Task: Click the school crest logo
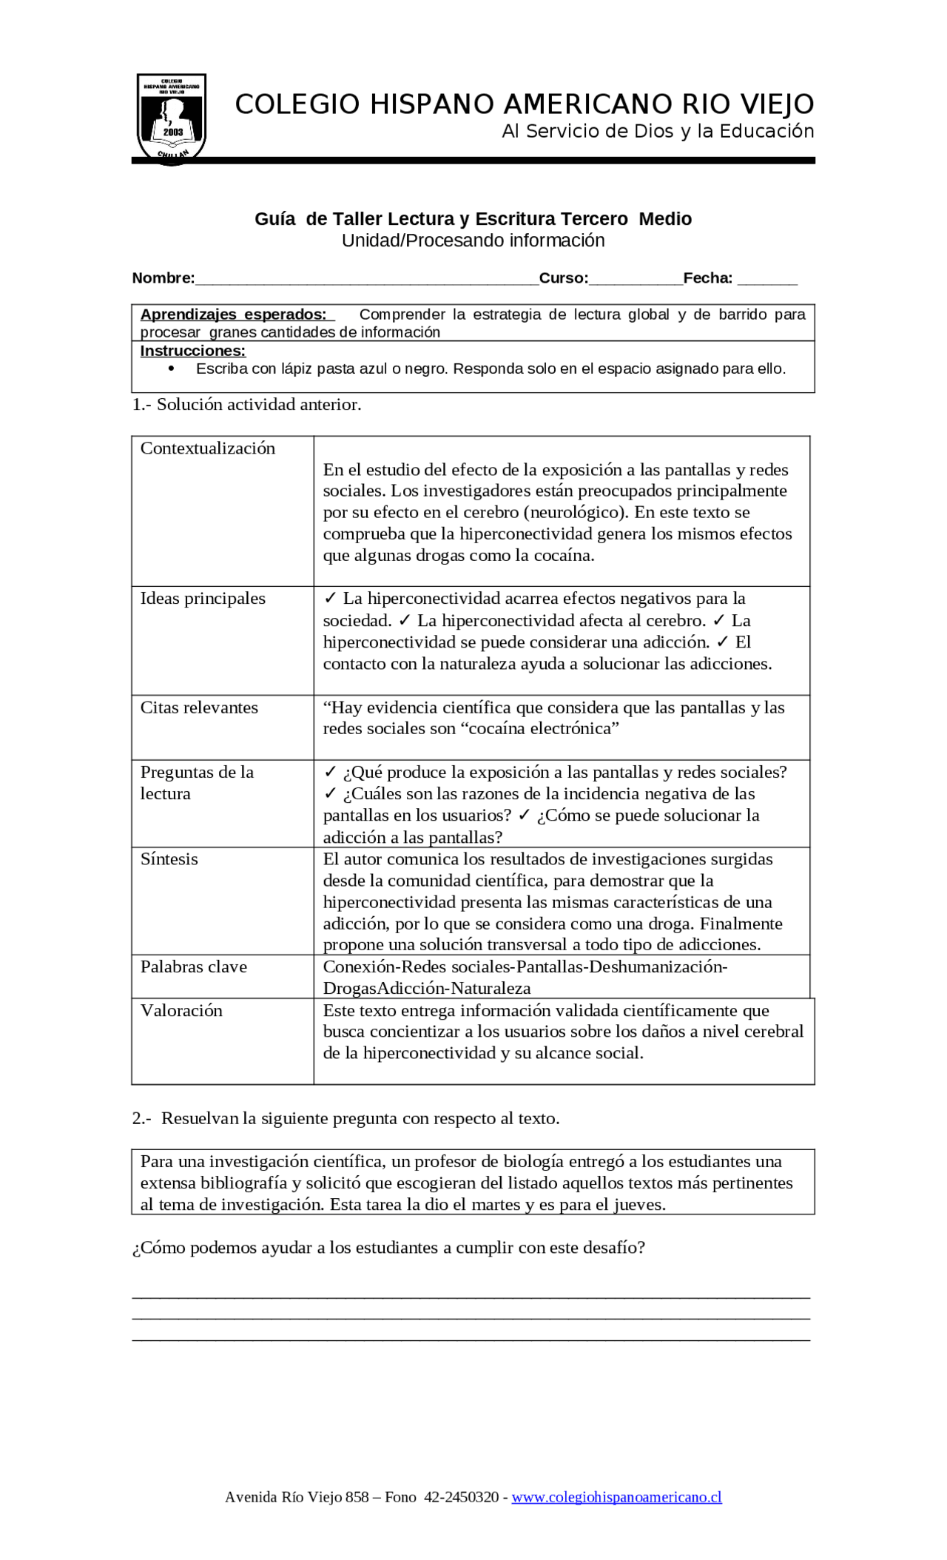[172, 118]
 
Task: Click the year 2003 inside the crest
[173, 132]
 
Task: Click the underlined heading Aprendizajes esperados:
[233, 314]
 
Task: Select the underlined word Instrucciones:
[192, 351]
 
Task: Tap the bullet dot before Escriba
[172, 369]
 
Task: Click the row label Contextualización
[207, 448]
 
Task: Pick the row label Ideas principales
[203, 599]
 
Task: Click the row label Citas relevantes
[199, 707]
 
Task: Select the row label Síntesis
[169, 859]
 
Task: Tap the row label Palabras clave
[193, 966]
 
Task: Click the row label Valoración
[181, 1011]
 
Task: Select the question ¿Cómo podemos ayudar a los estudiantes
[388, 1248]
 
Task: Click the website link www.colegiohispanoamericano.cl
[616, 1497]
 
